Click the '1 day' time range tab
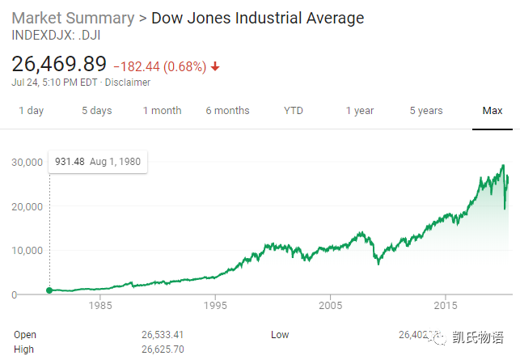tap(31, 111)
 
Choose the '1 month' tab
tap(162, 111)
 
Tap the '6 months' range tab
tap(227, 111)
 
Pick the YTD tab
tap(294, 111)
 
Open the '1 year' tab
tap(360, 111)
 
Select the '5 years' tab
tap(426, 111)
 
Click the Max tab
tap(493, 111)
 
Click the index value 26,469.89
tap(59, 64)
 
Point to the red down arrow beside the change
tap(215, 66)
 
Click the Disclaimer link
tap(129, 82)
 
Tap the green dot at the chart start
tap(49, 290)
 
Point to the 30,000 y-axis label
tap(26, 162)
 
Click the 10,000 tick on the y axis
tap(26, 250)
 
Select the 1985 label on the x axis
tap(100, 307)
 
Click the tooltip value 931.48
tap(70, 162)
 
